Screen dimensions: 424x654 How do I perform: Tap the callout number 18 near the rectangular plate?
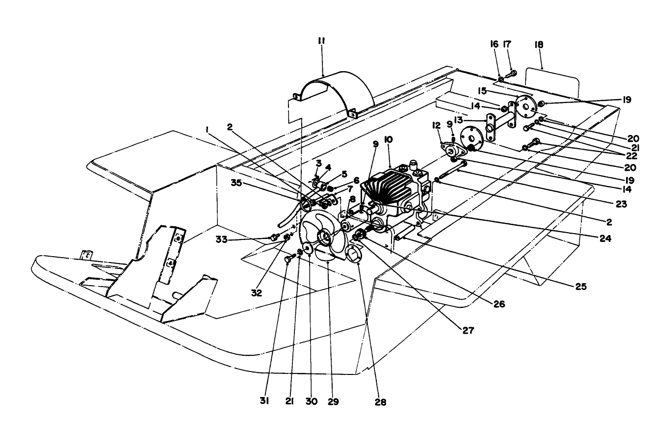pyautogui.click(x=539, y=45)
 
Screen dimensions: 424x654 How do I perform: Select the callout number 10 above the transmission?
pyautogui.click(x=389, y=140)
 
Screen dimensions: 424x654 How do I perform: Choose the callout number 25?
pyautogui.click(x=580, y=285)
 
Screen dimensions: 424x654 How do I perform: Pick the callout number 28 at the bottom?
pyautogui.click(x=381, y=402)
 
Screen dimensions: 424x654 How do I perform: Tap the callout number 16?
pyautogui.click(x=494, y=45)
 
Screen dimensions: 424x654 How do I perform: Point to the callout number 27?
pyautogui.click(x=468, y=330)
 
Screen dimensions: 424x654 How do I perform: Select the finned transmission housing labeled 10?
pyautogui.click(x=392, y=191)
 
